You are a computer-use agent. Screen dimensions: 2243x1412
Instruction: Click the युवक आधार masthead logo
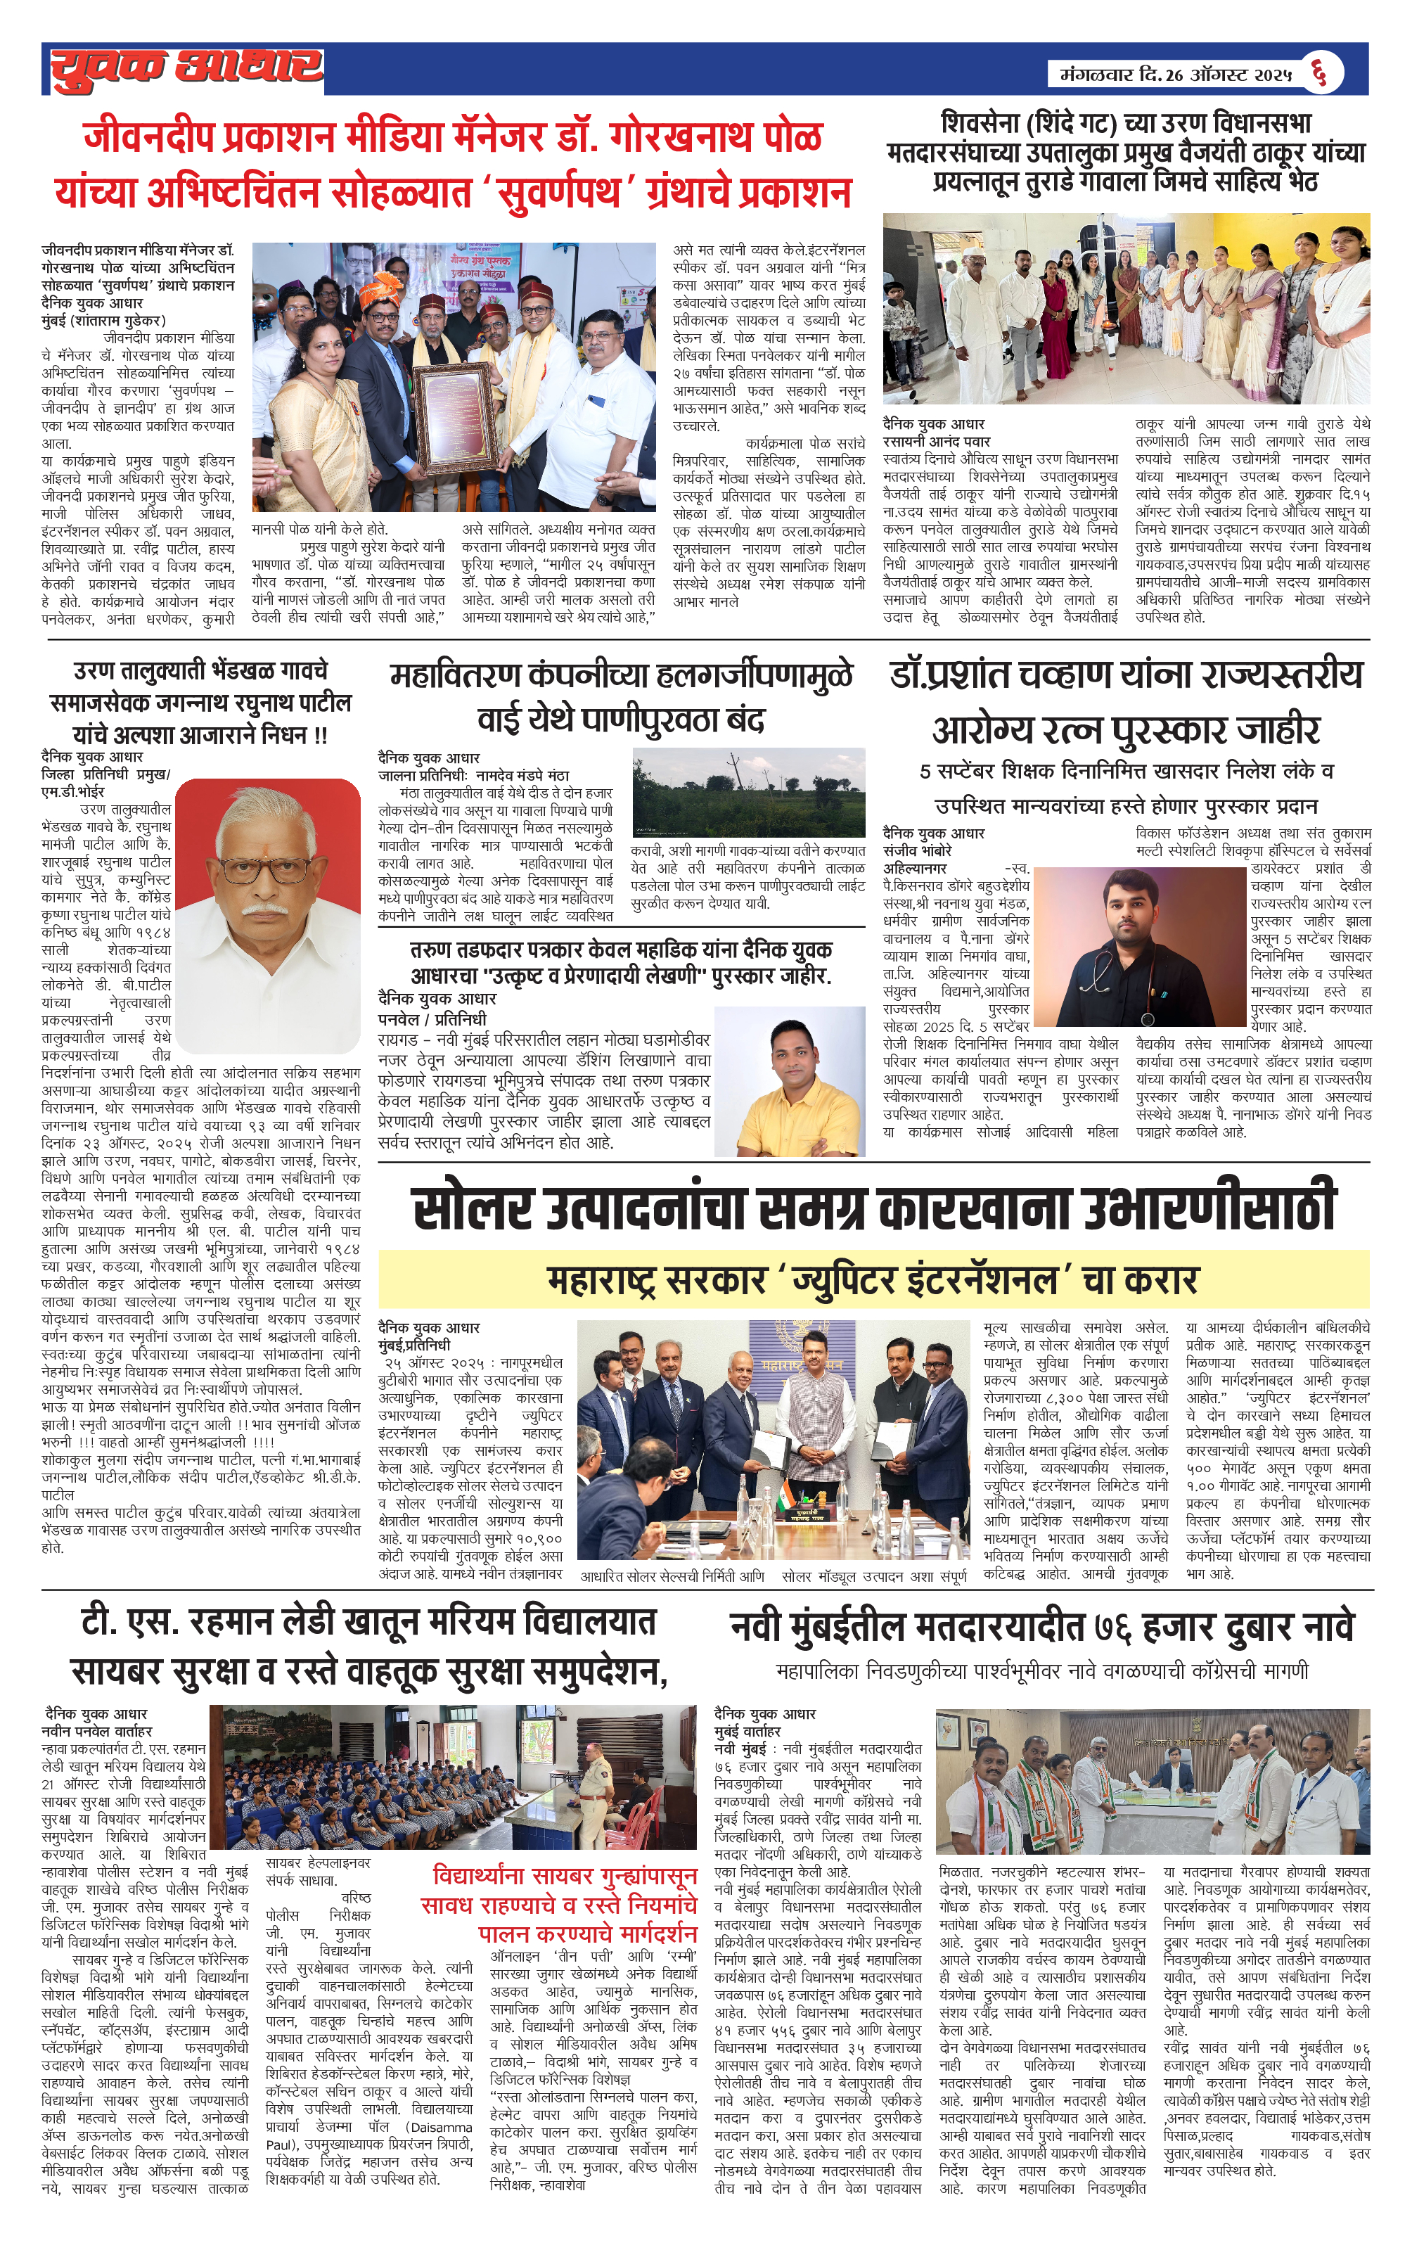186,68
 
